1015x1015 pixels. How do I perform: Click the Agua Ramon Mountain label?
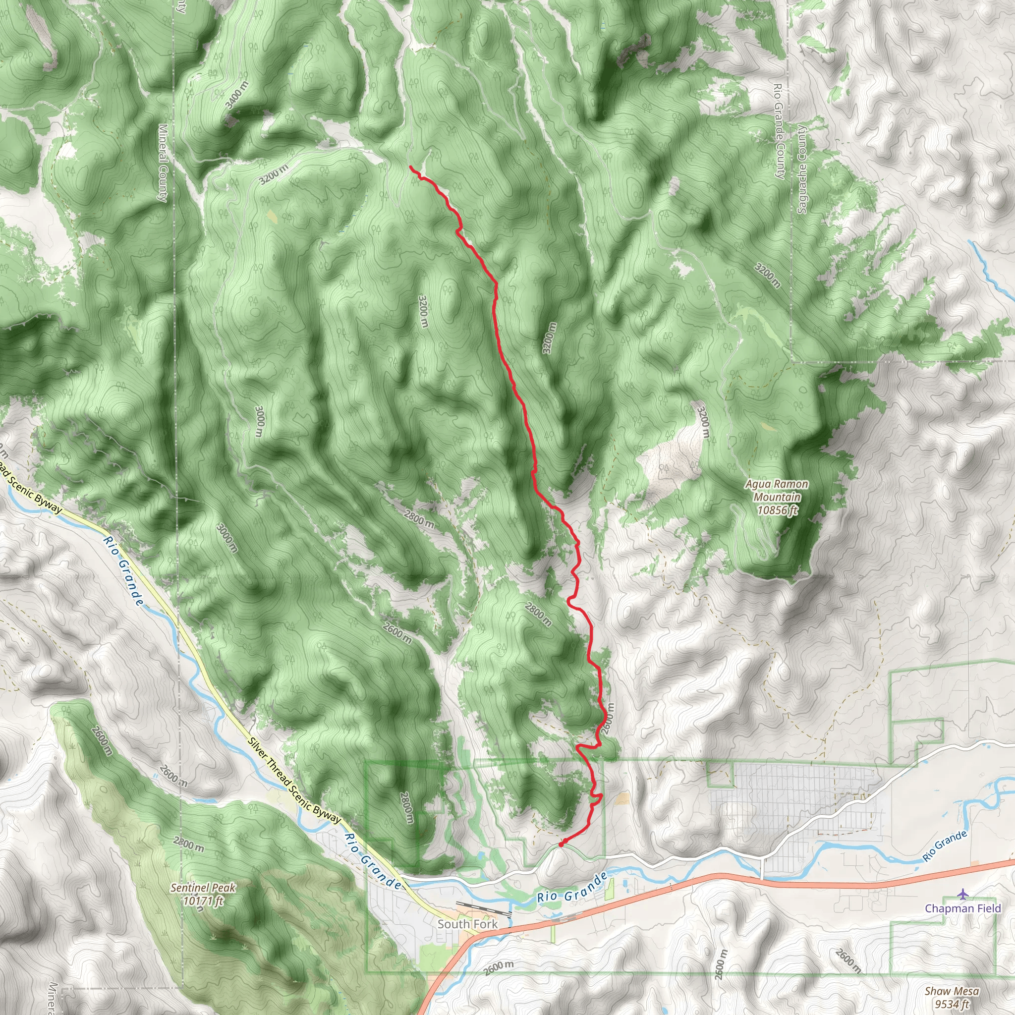[x=777, y=497]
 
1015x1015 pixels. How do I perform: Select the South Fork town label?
[x=467, y=924]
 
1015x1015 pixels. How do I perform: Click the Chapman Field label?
[x=962, y=908]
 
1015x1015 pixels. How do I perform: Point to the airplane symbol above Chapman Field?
[x=962, y=893]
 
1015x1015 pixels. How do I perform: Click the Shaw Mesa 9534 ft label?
[x=952, y=997]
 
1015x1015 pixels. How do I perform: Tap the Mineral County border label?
[x=163, y=163]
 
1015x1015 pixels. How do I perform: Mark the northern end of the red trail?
[x=410, y=167]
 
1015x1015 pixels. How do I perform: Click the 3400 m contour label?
[x=236, y=96]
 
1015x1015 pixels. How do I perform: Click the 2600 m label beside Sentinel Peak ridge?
[x=101, y=740]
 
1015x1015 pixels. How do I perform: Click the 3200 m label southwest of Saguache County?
[x=768, y=275]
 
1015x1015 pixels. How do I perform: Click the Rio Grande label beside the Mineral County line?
[x=122, y=570]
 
